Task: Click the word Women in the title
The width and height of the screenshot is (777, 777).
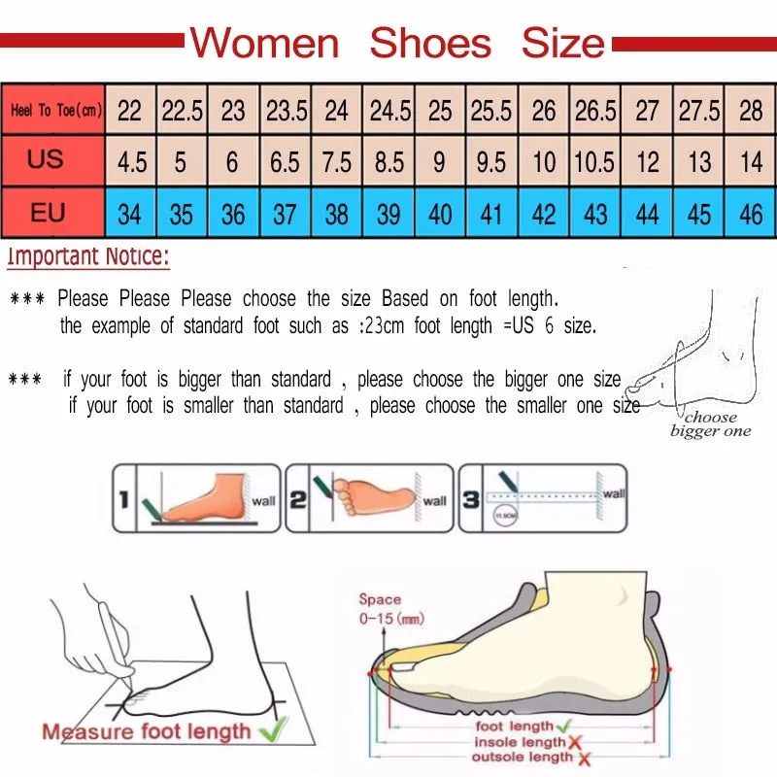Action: pyautogui.click(x=264, y=44)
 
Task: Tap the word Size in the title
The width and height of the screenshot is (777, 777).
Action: pyautogui.click(x=562, y=44)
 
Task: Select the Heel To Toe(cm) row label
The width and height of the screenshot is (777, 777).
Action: pyautogui.click(x=56, y=111)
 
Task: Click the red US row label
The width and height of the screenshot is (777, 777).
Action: pyautogui.click(x=46, y=158)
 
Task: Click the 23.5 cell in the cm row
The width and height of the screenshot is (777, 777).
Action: pyautogui.click(x=286, y=111)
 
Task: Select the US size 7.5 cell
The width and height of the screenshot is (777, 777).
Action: pyautogui.click(x=336, y=161)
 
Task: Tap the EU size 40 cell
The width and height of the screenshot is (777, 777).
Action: pyautogui.click(x=440, y=214)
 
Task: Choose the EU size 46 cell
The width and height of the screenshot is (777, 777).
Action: pyautogui.click(x=751, y=214)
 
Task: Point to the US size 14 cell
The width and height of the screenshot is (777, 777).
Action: pyautogui.click(x=751, y=161)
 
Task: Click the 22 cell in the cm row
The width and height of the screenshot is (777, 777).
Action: pyautogui.click(x=129, y=111)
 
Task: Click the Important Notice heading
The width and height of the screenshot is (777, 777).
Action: pyautogui.click(x=88, y=257)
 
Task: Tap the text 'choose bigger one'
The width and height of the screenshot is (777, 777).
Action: pyautogui.click(x=710, y=424)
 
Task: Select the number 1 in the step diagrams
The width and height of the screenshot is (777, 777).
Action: pyautogui.click(x=124, y=500)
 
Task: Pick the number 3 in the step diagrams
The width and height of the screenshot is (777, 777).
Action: pyautogui.click(x=470, y=500)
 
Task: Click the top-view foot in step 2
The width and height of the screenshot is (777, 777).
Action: pyautogui.click(x=374, y=494)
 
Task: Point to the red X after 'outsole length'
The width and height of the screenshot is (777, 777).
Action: pyautogui.click(x=579, y=758)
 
